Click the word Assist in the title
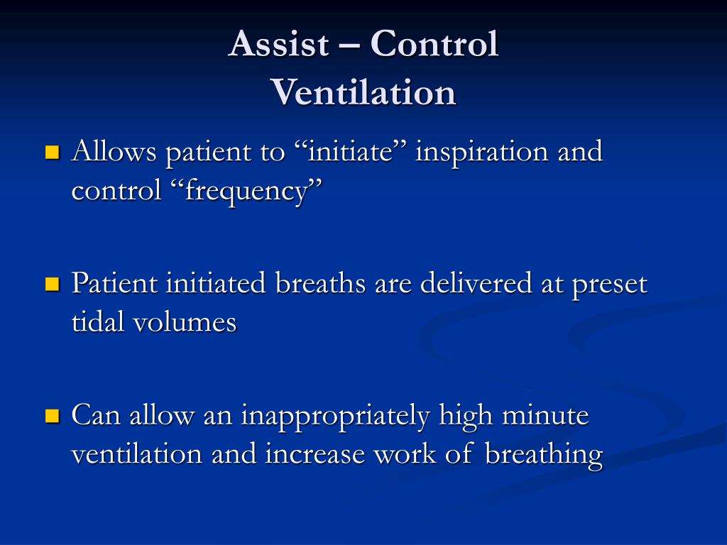pos(278,43)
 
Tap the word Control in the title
pos(434,43)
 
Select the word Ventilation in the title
pos(363,92)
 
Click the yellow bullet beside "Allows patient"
pos(53,153)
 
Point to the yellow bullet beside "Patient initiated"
pos(53,284)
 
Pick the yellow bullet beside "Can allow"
pos(53,416)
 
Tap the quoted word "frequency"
pos(246,191)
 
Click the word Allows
pos(114,151)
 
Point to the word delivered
pos(476,283)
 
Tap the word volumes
pos(185,321)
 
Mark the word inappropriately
pos(335,417)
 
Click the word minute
pos(545,414)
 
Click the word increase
pos(315,453)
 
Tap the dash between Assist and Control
pos(349,47)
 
